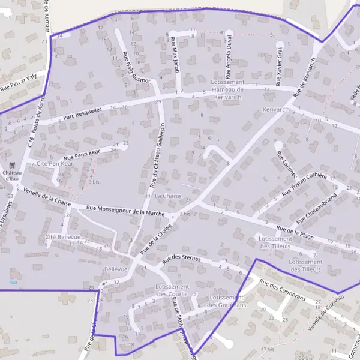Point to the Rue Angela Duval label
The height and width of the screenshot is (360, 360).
pos(229,56)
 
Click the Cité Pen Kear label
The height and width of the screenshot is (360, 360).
pos(55,163)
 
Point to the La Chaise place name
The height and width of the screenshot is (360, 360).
pos(167,196)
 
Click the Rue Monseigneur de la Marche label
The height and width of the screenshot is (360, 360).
pos(125,211)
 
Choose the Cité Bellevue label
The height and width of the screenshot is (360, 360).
pos(63,237)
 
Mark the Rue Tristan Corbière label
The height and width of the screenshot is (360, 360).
pos(305,185)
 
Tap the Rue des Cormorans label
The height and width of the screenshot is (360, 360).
pos(281,290)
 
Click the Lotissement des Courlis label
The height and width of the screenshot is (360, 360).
pos(172,290)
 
